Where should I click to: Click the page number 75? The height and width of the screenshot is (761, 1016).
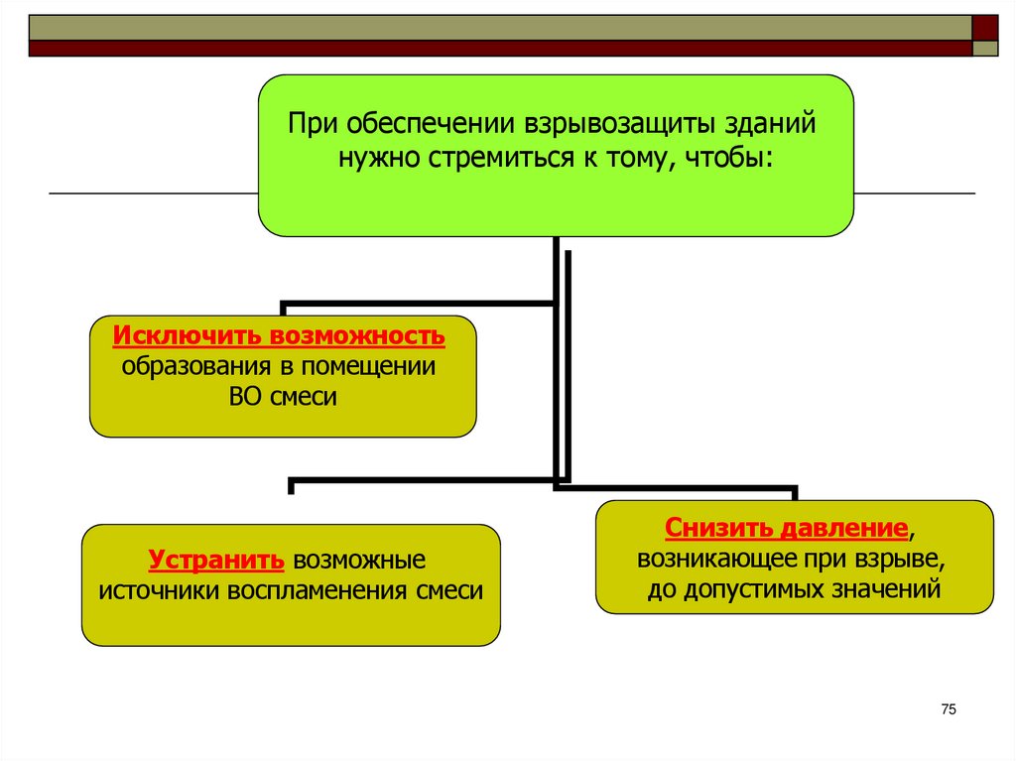[x=948, y=708]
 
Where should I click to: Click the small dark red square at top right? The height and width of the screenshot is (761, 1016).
[x=984, y=26]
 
